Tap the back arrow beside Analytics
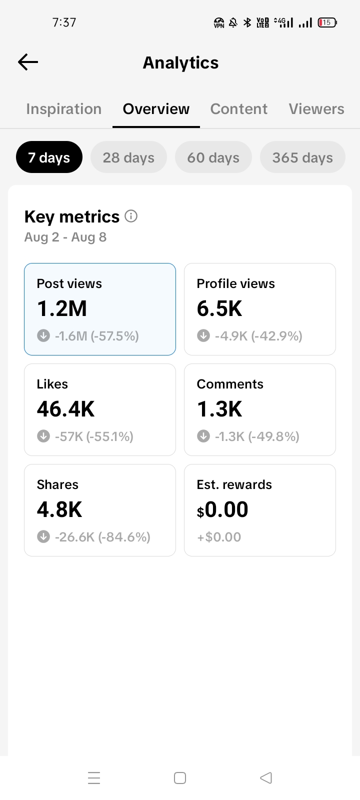(28, 62)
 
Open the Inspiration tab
(64, 109)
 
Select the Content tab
(238, 109)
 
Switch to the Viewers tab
(316, 109)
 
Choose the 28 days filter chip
(128, 157)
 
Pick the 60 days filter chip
(213, 157)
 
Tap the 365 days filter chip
(302, 157)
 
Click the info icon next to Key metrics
(131, 216)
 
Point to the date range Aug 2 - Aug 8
(65, 237)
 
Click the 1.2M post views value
(62, 308)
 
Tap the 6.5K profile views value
(219, 308)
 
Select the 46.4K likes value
(65, 409)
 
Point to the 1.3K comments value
(219, 409)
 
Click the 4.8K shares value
(59, 509)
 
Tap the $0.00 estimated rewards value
(222, 509)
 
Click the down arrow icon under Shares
(43, 536)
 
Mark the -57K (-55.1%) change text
(94, 436)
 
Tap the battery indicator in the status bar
(327, 22)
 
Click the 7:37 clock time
(64, 22)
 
